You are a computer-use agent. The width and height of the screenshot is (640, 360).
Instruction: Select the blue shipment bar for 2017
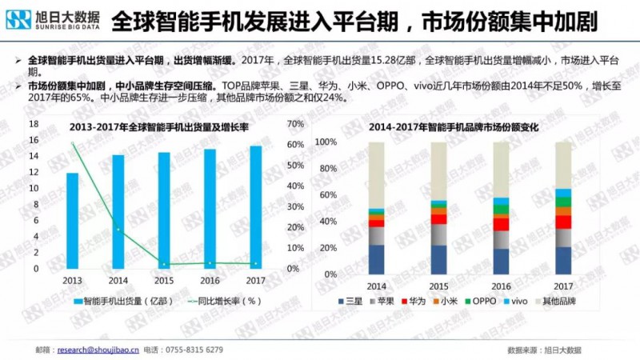pos(255,207)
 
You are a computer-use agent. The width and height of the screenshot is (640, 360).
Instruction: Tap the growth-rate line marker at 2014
pos(118,230)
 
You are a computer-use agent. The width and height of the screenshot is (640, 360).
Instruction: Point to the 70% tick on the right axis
pos(294,124)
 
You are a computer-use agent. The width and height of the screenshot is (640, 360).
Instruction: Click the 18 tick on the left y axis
pos(34,124)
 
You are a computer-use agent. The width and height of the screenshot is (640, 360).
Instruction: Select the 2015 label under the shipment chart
pos(164,281)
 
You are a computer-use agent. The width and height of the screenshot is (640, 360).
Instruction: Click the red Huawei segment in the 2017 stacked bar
pos(563,222)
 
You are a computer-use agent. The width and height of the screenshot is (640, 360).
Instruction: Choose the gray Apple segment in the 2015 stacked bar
pos(438,234)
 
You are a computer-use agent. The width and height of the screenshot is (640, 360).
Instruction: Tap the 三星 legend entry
pos(350,302)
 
